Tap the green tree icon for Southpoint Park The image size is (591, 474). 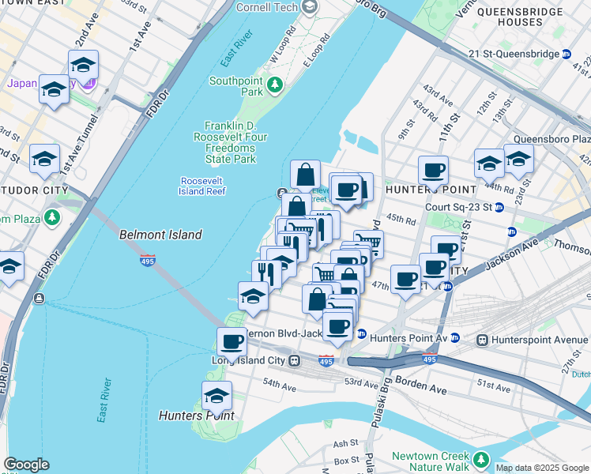click(275, 84)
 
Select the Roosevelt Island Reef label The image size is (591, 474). click(203, 186)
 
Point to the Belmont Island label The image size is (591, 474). click(160, 235)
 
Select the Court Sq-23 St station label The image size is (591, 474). click(458, 208)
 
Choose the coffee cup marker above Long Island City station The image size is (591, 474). click(232, 341)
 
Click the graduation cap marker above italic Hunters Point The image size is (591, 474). click(216, 395)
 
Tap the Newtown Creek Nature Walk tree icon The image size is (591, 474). click(479, 457)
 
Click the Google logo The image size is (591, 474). click(26, 465)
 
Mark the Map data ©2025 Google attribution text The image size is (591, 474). click(542, 468)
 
